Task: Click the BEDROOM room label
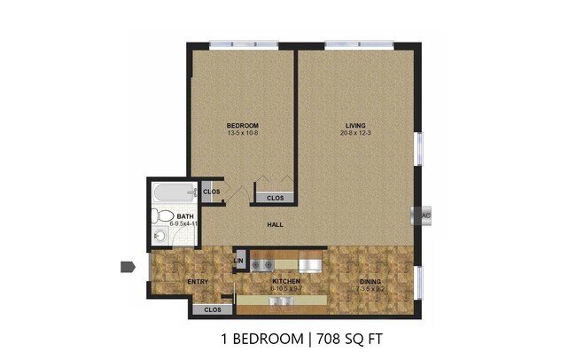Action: tap(241, 125)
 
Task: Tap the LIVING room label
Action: tap(356, 125)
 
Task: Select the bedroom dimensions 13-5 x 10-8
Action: tap(241, 133)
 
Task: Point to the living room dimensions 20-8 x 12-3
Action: tap(356, 133)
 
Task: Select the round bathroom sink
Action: tap(160, 236)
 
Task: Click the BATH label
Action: tap(185, 216)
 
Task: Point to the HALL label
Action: tap(276, 225)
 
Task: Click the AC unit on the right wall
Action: tap(425, 215)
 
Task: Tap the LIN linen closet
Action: tap(239, 260)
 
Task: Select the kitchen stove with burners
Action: tap(261, 263)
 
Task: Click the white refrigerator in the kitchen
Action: tap(309, 263)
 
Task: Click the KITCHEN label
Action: tap(288, 282)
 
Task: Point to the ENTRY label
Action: tap(197, 282)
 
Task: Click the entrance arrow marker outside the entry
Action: tap(128, 266)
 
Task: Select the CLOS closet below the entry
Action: tap(213, 309)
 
